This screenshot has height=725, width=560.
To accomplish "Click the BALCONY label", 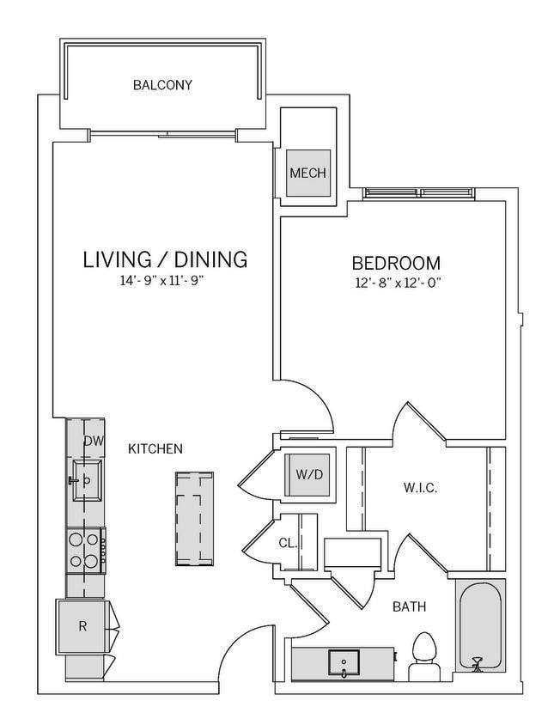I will [x=162, y=85].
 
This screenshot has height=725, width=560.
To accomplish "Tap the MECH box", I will [x=307, y=173].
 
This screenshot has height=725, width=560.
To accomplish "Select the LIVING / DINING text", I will [x=165, y=259].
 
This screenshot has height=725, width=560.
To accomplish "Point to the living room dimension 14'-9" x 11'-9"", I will [x=165, y=280].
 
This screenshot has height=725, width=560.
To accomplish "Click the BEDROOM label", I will [x=397, y=263].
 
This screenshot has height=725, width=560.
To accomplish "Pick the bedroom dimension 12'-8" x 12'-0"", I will [x=397, y=282].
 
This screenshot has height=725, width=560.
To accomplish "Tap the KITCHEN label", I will [x=155, y=448].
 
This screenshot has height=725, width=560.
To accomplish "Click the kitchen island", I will [x=195, y=518].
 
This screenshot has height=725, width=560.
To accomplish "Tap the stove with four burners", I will [x=86, y=551].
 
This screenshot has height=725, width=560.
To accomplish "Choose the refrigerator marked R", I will [x=82, y=626].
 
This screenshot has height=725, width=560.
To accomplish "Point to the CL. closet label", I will [x=289, y=542].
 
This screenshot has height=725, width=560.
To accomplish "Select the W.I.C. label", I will [x=421, y=488].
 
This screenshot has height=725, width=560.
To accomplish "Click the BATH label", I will [x=410, y=607].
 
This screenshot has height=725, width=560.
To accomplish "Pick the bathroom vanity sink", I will [x=344, y=662].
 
